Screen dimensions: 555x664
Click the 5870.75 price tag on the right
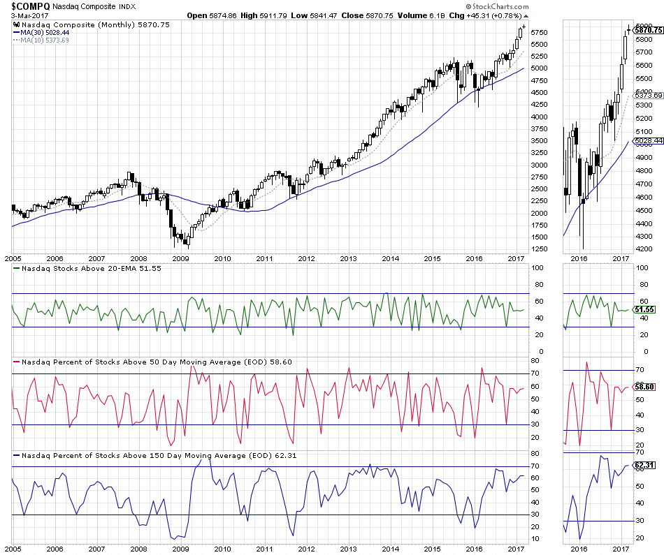click(647, 30)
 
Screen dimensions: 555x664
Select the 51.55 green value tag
click(646, 309)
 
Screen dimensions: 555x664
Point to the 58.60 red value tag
click(646, 386)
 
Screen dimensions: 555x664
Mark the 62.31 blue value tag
click(646, 464)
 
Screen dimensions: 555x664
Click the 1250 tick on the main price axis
click(540, 250)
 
